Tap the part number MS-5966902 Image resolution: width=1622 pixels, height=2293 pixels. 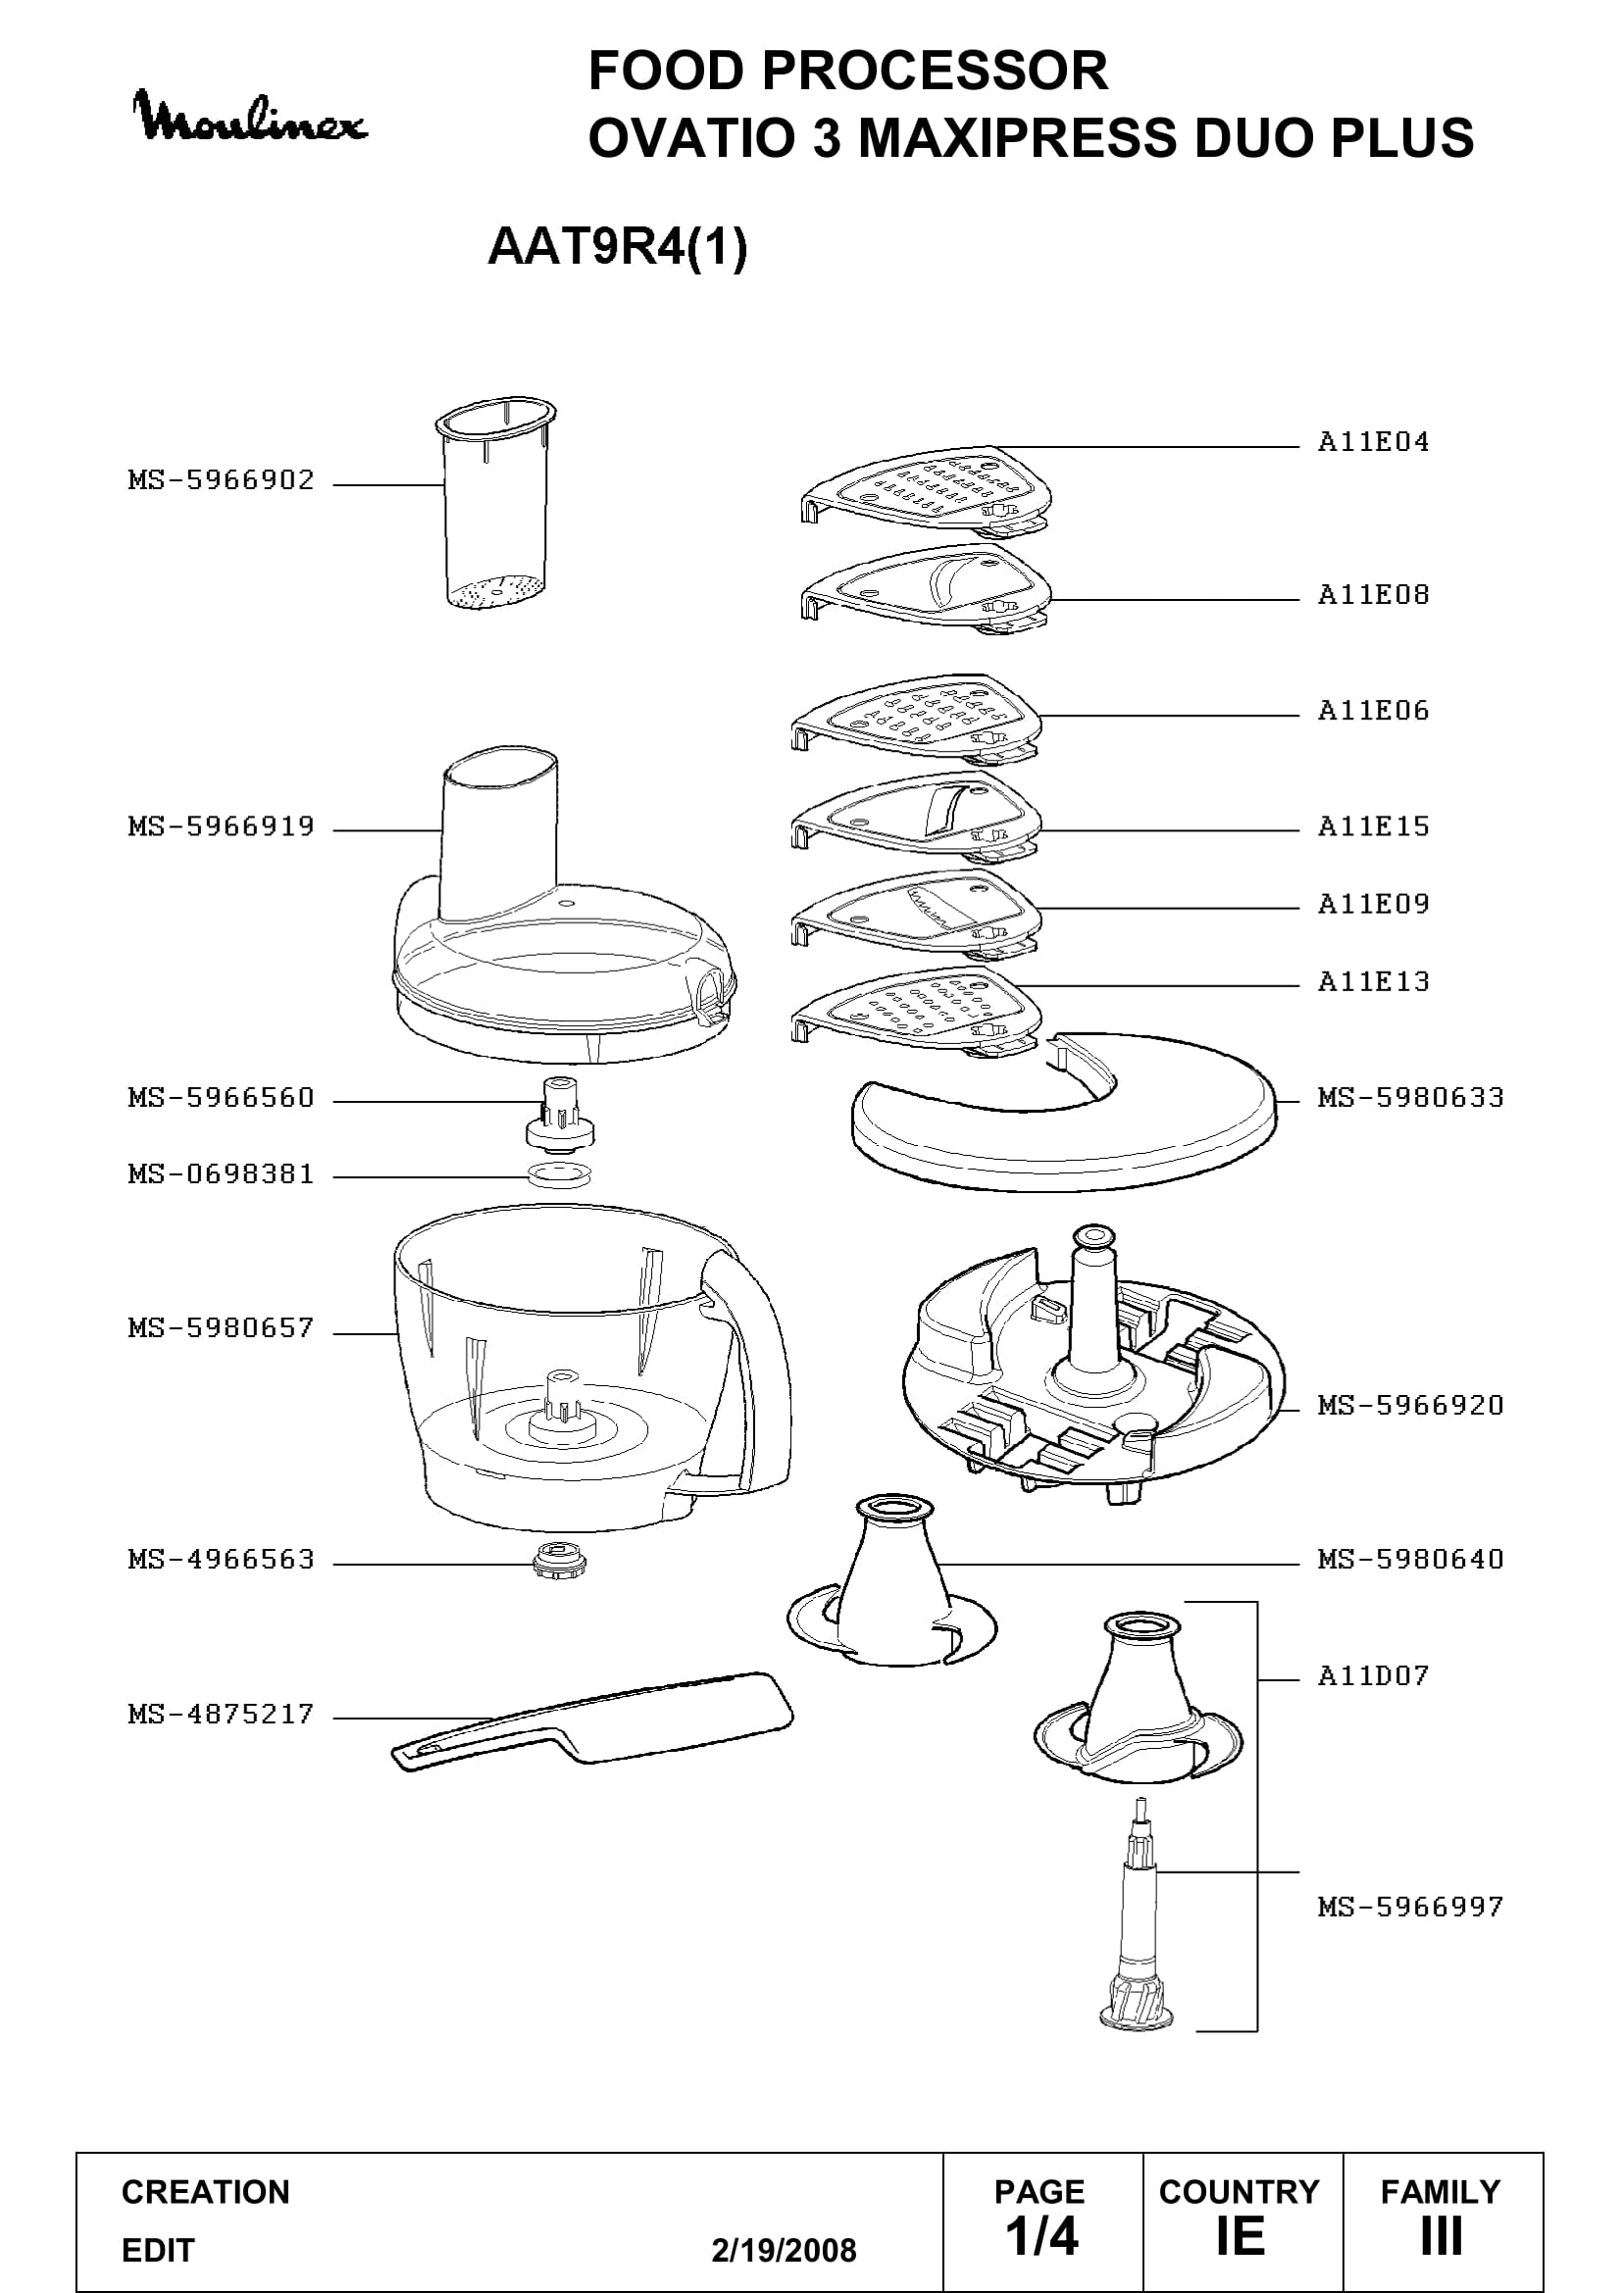tap(222, 480)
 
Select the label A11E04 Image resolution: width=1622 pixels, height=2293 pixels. tap(1373, 441)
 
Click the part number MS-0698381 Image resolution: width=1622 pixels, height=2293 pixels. tap(222, 1174)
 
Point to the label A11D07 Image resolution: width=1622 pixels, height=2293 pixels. tap(1373, 1674)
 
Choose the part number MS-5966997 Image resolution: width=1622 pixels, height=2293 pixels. tap(1410, 1907)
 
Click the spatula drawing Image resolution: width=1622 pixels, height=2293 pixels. tap(592, 1721)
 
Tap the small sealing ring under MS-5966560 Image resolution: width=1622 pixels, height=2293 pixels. tap(559, 1174)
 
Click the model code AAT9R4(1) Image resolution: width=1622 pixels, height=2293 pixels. tap(617, 247)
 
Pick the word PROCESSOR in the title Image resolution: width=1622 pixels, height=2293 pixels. tap(936, 71)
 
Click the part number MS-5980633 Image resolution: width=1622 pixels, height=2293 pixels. tap(1410, 1098)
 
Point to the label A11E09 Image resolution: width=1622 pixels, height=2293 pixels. tap(1373, 904)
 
